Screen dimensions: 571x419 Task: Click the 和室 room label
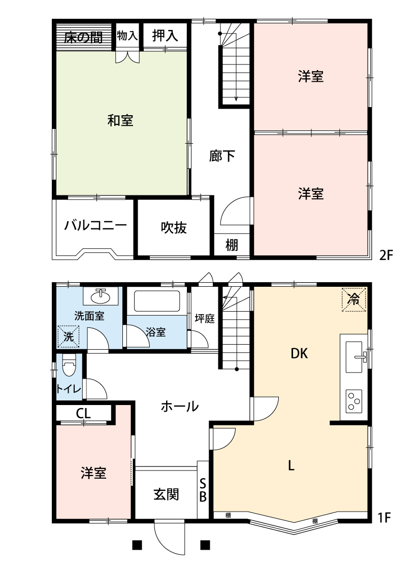click(120, 121)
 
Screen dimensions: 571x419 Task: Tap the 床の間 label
click(83, 37)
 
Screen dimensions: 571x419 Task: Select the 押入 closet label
click(165, 36)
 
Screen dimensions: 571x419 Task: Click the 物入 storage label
click(127, 36)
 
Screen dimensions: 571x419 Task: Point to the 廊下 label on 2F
click(222, 156)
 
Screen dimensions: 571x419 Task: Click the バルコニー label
click(95, 226)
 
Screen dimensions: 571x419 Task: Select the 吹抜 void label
click(174, 228)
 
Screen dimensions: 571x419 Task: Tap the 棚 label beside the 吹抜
click(232, 246)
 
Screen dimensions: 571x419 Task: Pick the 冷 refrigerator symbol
click(353, 299)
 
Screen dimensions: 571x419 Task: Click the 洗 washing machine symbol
click(68, 335)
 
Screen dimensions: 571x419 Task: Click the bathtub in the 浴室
click(157, 302)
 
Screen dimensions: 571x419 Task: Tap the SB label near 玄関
click(202, 490)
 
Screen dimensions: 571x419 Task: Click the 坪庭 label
click(205, 319)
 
